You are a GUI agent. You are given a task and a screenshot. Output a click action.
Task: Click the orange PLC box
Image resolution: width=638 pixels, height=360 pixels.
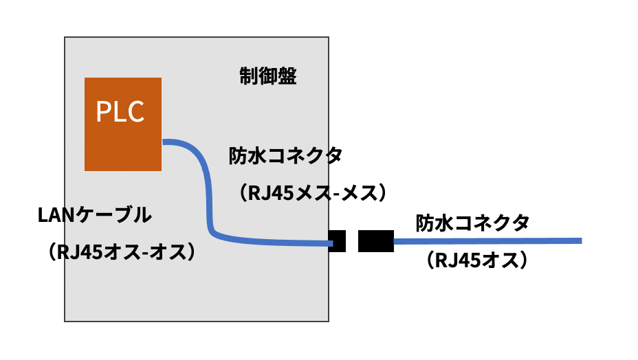point(122,124)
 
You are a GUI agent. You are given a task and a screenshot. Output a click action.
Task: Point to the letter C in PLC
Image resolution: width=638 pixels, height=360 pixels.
point(136,111)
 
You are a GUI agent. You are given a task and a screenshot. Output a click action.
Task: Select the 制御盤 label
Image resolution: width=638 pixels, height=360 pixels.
point(268,76)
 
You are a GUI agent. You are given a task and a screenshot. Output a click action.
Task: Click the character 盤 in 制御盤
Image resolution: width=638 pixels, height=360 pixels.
point(287,76)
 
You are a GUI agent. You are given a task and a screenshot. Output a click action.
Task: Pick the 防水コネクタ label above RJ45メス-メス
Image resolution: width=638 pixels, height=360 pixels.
point(285,157)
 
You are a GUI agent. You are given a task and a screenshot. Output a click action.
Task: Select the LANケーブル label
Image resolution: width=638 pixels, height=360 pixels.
point(93,216)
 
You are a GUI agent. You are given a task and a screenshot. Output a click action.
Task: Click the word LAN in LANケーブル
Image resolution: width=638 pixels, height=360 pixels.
point(56,216)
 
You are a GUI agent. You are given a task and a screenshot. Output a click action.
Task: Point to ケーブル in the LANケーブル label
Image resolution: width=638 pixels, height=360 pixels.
point(113,216)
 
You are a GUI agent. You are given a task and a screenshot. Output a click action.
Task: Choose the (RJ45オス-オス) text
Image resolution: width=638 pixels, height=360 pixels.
point(124,252)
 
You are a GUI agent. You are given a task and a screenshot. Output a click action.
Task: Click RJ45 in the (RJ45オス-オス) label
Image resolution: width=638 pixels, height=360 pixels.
point(82,252)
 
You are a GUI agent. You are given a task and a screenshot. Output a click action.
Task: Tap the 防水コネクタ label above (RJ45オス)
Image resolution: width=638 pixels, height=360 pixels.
point(472,223)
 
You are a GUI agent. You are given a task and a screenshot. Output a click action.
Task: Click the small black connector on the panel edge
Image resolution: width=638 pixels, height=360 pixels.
point(337,241)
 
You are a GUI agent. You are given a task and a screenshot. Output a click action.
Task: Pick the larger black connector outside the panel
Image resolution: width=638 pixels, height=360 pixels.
point(375,241)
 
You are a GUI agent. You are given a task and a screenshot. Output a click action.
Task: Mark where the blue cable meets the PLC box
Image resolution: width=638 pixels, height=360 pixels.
point(164,142)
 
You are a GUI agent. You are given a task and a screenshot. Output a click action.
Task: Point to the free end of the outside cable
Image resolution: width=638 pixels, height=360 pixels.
point(580,240)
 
